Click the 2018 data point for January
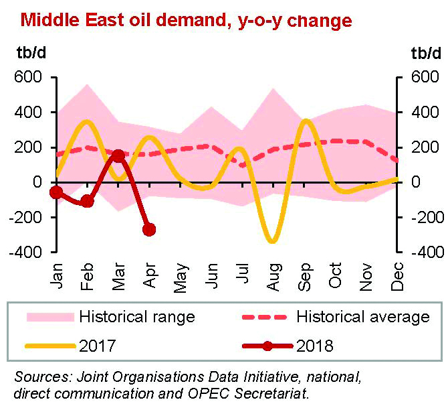(x=56, y=193)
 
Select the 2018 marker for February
(x=87, y=201)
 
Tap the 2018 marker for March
(x=118, y=155)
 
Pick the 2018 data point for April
(x=148, y=230)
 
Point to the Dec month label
(x=397, y=276)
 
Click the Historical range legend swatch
(x=47, y=316)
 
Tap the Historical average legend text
(x=362, y=316)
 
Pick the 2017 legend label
(x=98, y=346)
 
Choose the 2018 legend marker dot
(x=267, y=346)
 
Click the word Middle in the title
(x=48, y=20)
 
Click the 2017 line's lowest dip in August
(x=271, y=241)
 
